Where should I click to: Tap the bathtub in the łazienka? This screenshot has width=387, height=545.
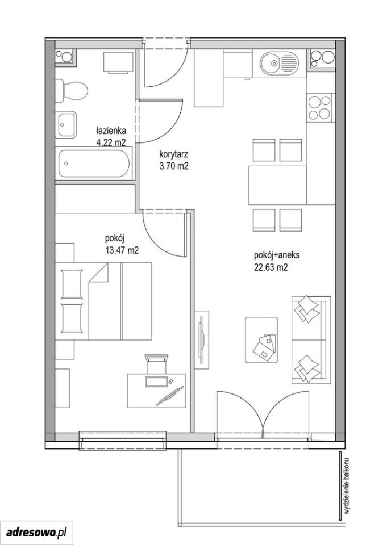click(94, 163)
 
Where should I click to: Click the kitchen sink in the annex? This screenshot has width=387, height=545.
click(279, 63)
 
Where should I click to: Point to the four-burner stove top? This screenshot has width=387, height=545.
click(320, 107)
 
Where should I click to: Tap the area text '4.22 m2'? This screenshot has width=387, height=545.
click(111, 142)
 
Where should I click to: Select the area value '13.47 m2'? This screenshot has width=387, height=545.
click(122, 250)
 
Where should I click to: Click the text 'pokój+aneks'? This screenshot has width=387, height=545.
click(277, 255)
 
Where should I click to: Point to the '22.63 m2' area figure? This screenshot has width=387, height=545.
click(271, 267)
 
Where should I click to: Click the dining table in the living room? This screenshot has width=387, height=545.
click(277, 185)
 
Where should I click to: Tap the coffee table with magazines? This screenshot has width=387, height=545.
click(261, 340)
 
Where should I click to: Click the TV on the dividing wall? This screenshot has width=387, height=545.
click(201, 340)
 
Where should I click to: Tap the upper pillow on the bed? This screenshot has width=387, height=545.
click(72, 284)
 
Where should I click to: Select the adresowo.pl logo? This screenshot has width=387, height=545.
click(36, 532)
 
